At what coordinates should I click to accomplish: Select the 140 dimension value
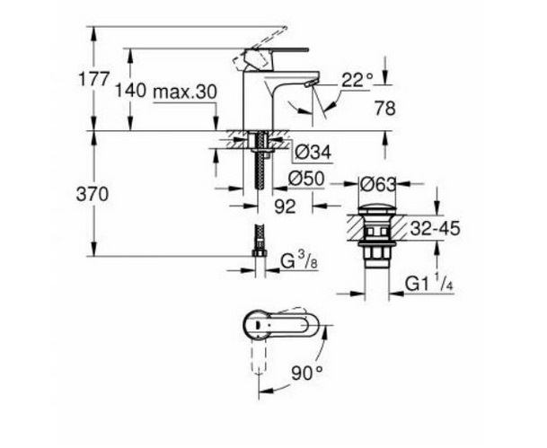(x=131, y=91)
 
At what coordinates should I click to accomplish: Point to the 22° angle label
(x=357, y=79)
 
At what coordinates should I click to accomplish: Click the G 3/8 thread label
(x=300, y=262)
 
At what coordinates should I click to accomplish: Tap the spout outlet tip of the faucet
(x=311, y=83)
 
